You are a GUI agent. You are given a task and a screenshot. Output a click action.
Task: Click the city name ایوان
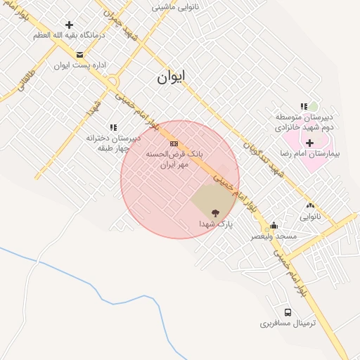point(172,77)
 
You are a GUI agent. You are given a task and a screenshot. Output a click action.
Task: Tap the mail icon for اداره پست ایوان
point(79,54)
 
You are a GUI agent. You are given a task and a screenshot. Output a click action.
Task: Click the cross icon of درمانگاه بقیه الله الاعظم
point(69,25)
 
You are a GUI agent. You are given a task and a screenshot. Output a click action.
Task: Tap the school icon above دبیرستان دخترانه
point(113,127)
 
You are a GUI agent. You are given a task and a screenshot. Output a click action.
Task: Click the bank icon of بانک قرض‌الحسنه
point(174,143)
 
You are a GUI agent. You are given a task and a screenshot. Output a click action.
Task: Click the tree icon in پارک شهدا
point(214,213)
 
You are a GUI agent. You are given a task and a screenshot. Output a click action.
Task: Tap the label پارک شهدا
point(215,224)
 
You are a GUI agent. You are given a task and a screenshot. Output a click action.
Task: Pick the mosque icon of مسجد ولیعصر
point(273,226)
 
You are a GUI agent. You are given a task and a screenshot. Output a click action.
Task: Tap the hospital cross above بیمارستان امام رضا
point(309,143)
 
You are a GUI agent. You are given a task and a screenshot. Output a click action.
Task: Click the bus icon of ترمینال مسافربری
point(288,312)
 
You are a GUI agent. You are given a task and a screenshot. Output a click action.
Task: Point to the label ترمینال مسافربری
point(288,323)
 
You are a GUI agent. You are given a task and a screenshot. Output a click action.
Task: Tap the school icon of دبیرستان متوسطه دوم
point(304,106)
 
